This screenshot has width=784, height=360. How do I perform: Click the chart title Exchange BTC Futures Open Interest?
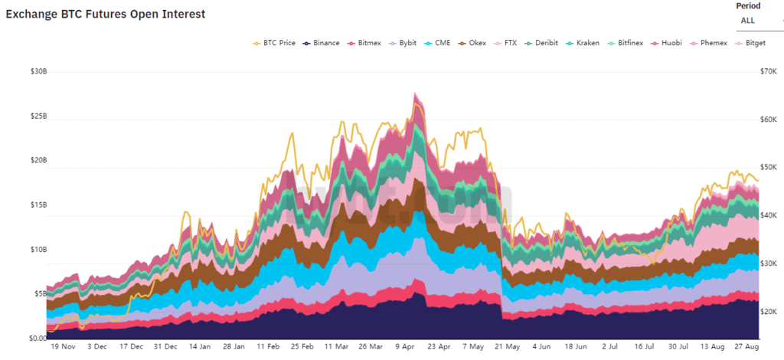[x=106, y=15]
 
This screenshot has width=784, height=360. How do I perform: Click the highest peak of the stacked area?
[x=415, y=93]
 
